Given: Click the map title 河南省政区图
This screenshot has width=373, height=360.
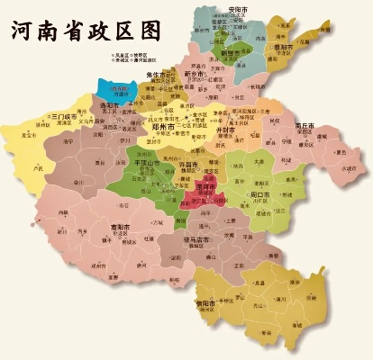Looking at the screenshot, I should pyautogui.click(x=85, y=29).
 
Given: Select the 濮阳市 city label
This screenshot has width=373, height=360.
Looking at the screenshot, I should pyautogui.click(x=283, y=46).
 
